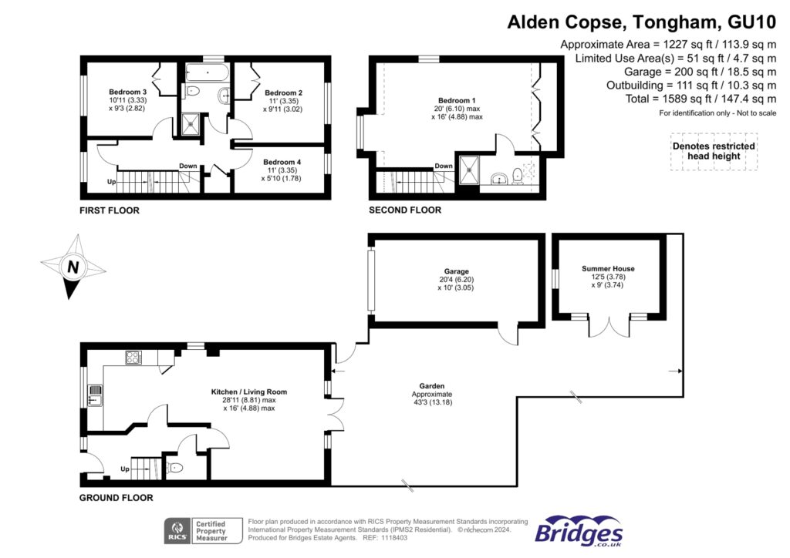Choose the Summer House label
[x=607, y=269]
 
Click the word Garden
[x=432, y=385]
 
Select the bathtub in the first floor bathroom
[x=207, y=74]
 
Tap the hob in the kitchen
[x=133, y=358]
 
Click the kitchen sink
[x=95, y=395]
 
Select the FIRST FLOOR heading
[x=109, y=210]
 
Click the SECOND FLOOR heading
[x=405, y=210]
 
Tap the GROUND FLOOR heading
[x=116, y=498]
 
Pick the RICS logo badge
[x=178, y=530]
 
